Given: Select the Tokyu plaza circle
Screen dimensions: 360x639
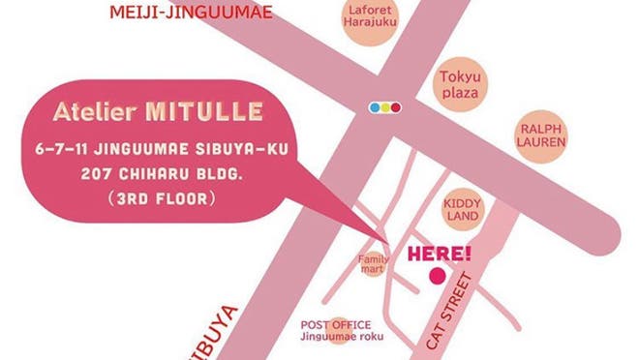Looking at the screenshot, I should click(460, 84).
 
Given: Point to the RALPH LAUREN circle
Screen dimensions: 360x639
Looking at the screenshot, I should click(541, 135).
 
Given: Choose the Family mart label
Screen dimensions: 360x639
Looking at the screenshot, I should click(374, 263).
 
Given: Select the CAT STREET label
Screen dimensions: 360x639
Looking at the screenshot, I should click(447, 312).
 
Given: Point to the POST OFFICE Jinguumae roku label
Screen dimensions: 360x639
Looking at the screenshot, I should click(342, 330).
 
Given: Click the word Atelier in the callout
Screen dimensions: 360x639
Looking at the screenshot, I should click(98, 111).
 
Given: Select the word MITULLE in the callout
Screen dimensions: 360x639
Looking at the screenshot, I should click(203, 111).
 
